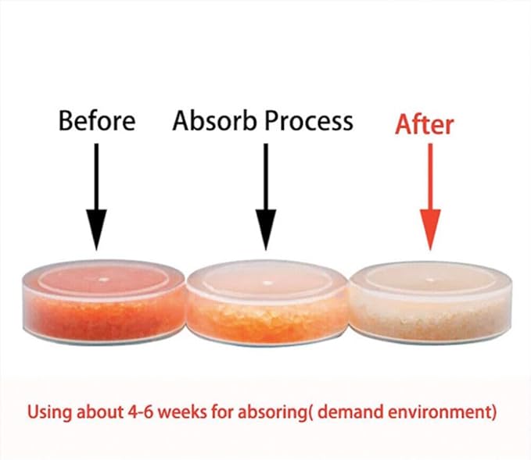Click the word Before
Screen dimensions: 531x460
97,120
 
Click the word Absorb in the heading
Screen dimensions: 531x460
215,120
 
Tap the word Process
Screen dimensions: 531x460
308,122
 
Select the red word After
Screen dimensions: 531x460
425,124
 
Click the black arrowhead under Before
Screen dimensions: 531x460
96,229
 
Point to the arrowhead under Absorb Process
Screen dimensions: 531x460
266,229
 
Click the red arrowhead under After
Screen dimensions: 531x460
430,229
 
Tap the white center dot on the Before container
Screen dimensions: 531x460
104,280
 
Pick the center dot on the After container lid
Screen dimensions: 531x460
430,280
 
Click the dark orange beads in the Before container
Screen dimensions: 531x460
103,317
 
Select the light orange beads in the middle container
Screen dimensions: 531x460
266,319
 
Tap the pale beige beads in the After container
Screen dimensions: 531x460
430,318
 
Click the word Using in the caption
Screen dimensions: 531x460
49,412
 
